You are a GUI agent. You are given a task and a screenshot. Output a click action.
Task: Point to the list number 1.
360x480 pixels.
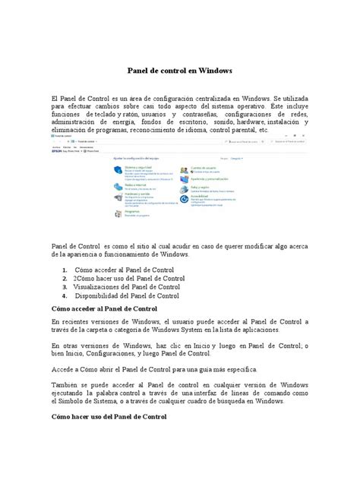click(x=65, y=270)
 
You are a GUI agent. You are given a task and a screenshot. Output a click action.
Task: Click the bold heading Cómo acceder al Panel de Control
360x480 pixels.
click(x=103, y=310)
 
